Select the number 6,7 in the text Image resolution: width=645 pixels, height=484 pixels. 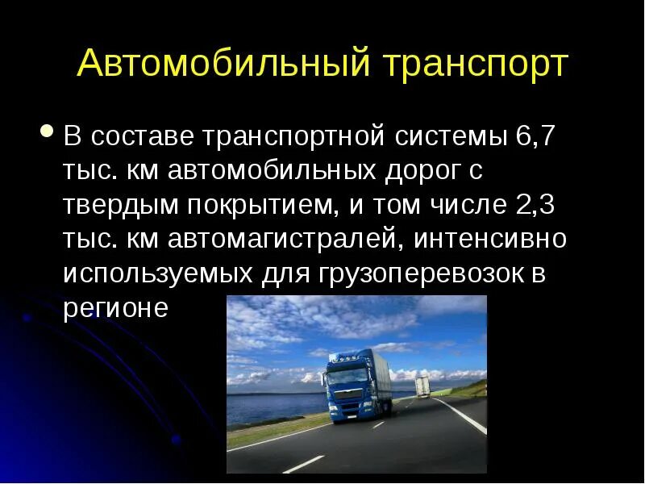pos(535,136)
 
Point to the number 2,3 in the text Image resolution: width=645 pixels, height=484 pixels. pos(535,205)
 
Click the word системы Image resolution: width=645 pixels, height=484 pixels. pos(451,136)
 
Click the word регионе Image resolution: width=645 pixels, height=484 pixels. pos(115,309)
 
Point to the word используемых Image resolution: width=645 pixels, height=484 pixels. pos(158,274)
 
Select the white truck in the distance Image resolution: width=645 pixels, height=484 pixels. pos(422,386)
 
